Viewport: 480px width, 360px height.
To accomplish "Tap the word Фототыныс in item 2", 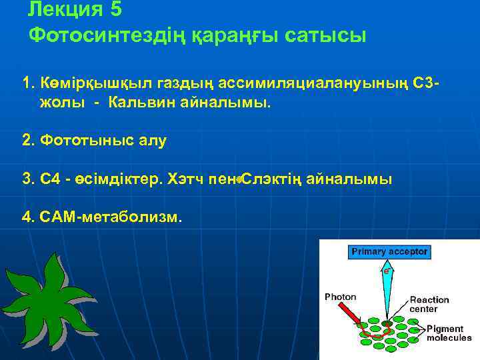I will (82, 141).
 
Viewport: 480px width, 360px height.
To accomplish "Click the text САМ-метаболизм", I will (111, 217).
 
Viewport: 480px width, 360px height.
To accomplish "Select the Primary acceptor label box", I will (390, 252).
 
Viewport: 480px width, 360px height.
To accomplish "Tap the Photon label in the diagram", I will (340, 297).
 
